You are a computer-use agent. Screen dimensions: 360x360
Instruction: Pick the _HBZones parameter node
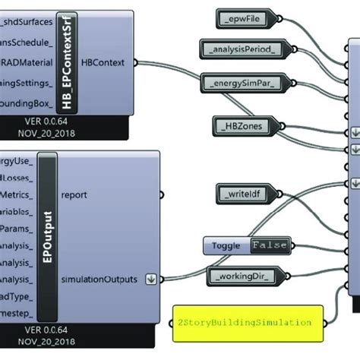click(x=240, y=125)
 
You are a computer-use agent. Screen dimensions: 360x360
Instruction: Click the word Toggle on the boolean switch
click(x=226, y=245)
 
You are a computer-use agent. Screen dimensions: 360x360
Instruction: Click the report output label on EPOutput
click(x=74, y=194)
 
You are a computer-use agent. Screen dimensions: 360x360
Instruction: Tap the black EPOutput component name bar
click(x=47, y=236)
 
